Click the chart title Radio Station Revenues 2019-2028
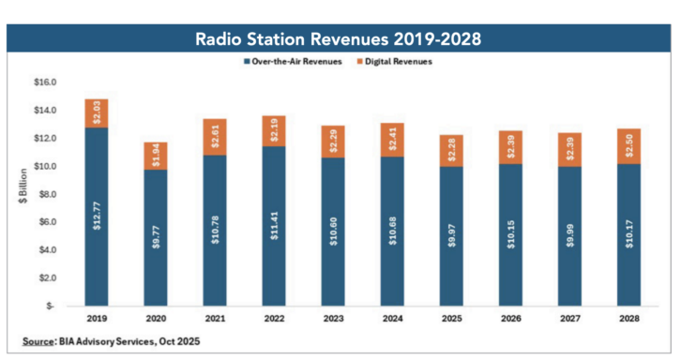[x=340, y=41]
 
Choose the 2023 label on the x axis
[x=332, y=319]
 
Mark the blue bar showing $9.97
[x=452, y=234]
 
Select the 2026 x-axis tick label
[x=511, y=319]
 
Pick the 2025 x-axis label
[x=452, y=319]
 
